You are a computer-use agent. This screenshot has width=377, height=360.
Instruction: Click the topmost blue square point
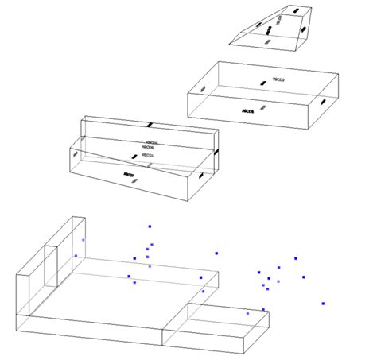[x=150, y=226]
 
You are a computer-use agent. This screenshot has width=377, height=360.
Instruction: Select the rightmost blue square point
[x=323, y=303]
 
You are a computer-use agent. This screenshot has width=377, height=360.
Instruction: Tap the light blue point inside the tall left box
[x=83, y=239]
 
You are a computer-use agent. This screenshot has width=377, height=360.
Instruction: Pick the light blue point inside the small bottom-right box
[x=247, y=314]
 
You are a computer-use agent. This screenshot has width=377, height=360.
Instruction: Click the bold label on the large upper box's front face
[x=247, y=112]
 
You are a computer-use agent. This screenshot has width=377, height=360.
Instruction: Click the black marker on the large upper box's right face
[x=322, y=102]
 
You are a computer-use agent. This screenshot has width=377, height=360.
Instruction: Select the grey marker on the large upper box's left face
[x=204, y=88]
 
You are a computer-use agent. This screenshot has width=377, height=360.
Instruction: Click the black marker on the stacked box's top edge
[x=148, y=125]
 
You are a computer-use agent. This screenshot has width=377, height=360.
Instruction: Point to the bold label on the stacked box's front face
[x=128, y=173]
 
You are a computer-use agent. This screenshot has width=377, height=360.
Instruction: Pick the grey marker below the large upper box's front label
[x=263, y=106]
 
